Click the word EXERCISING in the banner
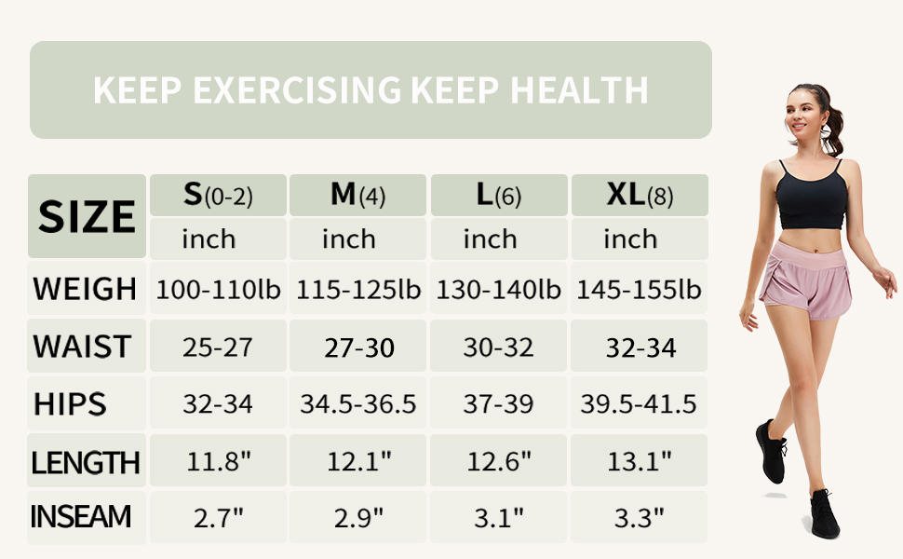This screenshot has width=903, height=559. [x=297, y=90]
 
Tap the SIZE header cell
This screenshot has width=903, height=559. [x=87, y=216]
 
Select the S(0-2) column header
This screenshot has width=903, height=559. [x=218, y=195]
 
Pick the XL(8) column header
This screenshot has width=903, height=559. [x=640, y=195]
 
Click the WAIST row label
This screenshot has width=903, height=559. [x=82, y=347]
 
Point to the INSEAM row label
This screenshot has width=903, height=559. [x=81, y=516]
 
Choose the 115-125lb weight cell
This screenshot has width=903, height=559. [x=358, y=290]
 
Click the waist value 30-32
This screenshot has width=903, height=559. [x=499, y=348]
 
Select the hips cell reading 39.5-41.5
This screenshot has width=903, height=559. [x=640, y=404]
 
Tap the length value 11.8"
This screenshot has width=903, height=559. [x=218, y=460]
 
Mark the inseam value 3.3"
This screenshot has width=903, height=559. [x=640, y=517]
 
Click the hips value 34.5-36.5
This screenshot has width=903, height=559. [x=358, y=404]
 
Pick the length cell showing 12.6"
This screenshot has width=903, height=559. [x=499, y=460]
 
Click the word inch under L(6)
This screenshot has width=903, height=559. [x=491, y=239]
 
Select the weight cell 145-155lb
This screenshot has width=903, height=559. [x=640, y=290]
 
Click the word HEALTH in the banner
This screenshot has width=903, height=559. [x=579, y=90]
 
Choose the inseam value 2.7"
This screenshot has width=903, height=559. [x=218, y=517]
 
